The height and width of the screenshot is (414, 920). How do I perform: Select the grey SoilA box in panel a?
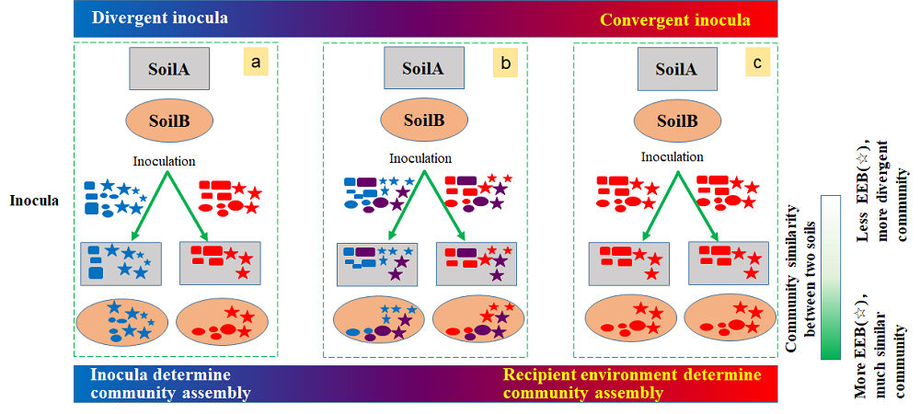tap(170, 69)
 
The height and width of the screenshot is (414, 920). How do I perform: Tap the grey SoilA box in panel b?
tap(423, 69)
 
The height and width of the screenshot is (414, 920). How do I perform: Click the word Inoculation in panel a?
tap(164, 161)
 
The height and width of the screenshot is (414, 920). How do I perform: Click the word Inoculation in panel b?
tap(420, 158)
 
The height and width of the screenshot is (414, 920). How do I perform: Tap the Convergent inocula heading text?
tap(674, 19)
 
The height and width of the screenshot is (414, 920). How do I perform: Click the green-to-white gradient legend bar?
tap(832, 276)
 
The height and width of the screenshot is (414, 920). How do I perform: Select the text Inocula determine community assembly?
tap(170, 384)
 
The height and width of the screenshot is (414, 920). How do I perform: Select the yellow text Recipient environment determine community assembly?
tap(632, 384)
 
